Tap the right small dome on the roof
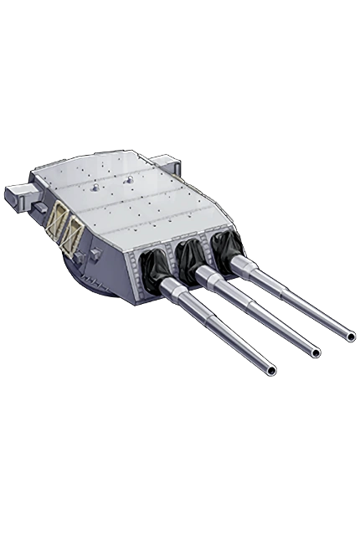click(x=129, y=178)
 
